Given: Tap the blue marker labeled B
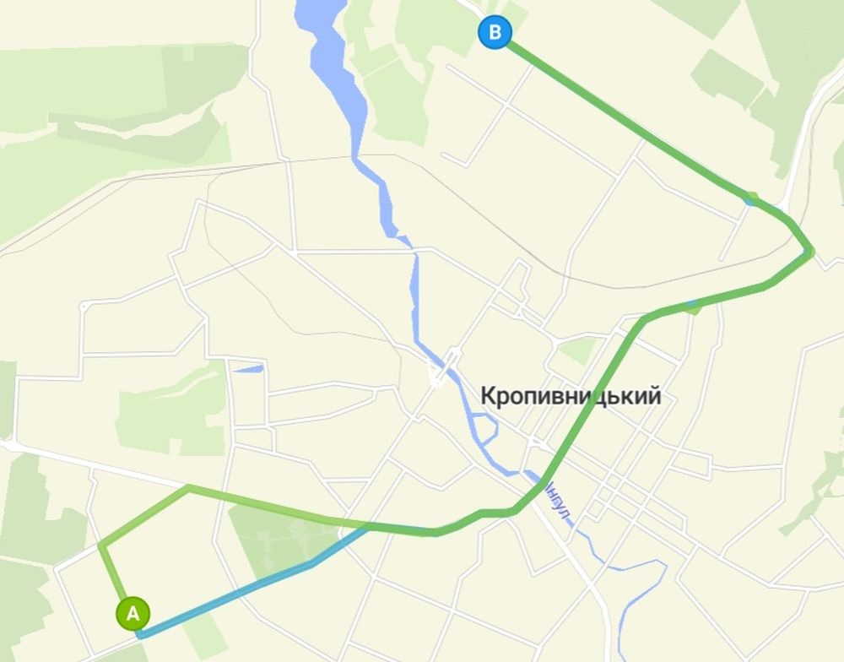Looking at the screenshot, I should [x=495, y=33].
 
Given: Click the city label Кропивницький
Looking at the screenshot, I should [x=571, y=395].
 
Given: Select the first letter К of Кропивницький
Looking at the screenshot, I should [x=488, y=395].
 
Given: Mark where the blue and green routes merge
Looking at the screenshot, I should [x=368, y=527].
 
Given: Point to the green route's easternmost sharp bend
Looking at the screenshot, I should [x=810, y=250].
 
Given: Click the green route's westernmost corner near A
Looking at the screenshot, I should [x=100, y=545].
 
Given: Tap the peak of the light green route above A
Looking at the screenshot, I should [x=187, y=487].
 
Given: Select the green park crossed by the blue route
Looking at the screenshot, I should [x=270, y=540].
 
